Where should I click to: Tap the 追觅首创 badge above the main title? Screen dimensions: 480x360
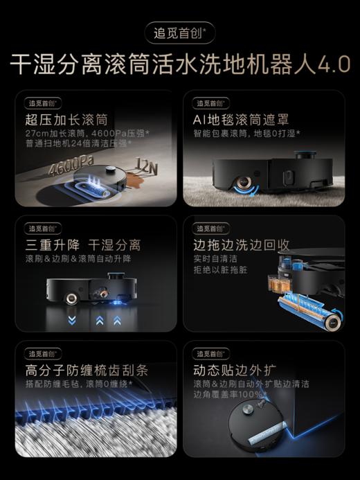tap(180, 33)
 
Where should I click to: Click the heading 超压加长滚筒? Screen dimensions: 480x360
tap(66, 120)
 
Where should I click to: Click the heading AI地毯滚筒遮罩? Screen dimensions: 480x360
tap(239, 120)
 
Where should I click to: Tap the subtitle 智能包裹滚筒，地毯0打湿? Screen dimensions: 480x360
tap(251, 133)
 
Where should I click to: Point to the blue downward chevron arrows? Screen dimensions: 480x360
tap(71, 320)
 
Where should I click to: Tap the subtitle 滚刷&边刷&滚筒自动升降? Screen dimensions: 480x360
tap(78, 258)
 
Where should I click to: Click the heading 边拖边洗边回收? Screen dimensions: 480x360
tap(241, 245)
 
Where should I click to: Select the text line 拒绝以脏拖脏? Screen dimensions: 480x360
tap(220, 269)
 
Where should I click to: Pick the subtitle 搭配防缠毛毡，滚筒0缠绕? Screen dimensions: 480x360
tap(78, 383)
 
